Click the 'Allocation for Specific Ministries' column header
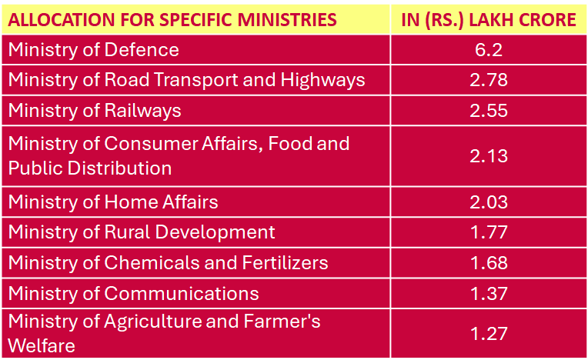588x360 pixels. click(172, 20)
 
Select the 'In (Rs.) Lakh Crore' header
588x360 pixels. click(489, 20)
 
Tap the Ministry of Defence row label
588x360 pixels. click(94, 50)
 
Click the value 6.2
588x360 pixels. click(489, 50)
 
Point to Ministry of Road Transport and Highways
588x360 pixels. click(187, 80)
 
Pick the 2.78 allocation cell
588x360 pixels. click(489, 80)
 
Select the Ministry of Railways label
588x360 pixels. click(95, 110)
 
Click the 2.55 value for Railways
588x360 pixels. click(489, 110)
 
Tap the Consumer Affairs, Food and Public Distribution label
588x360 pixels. click(179, 155)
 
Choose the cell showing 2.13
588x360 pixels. click(489, 155)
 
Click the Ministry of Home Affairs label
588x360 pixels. click(114, 202)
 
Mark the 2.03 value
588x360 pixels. click(489, 202)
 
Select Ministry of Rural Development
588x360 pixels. click(142, 232)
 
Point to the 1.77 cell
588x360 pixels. click(489, 232)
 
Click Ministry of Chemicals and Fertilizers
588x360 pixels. click(169, 262)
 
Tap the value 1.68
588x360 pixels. click(489, 262)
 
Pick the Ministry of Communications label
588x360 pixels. click(134, 292)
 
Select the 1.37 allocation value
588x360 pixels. click(489, 292)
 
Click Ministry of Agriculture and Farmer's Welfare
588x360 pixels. click(165, 333)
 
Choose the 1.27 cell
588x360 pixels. click(489, 333)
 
